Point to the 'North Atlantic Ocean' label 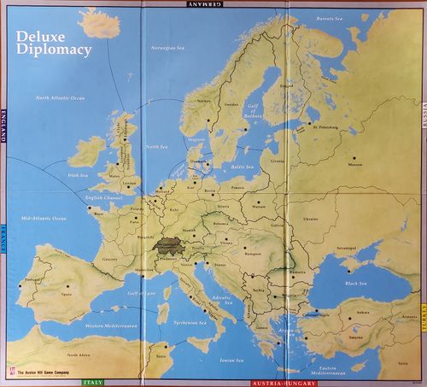pos(61,98)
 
